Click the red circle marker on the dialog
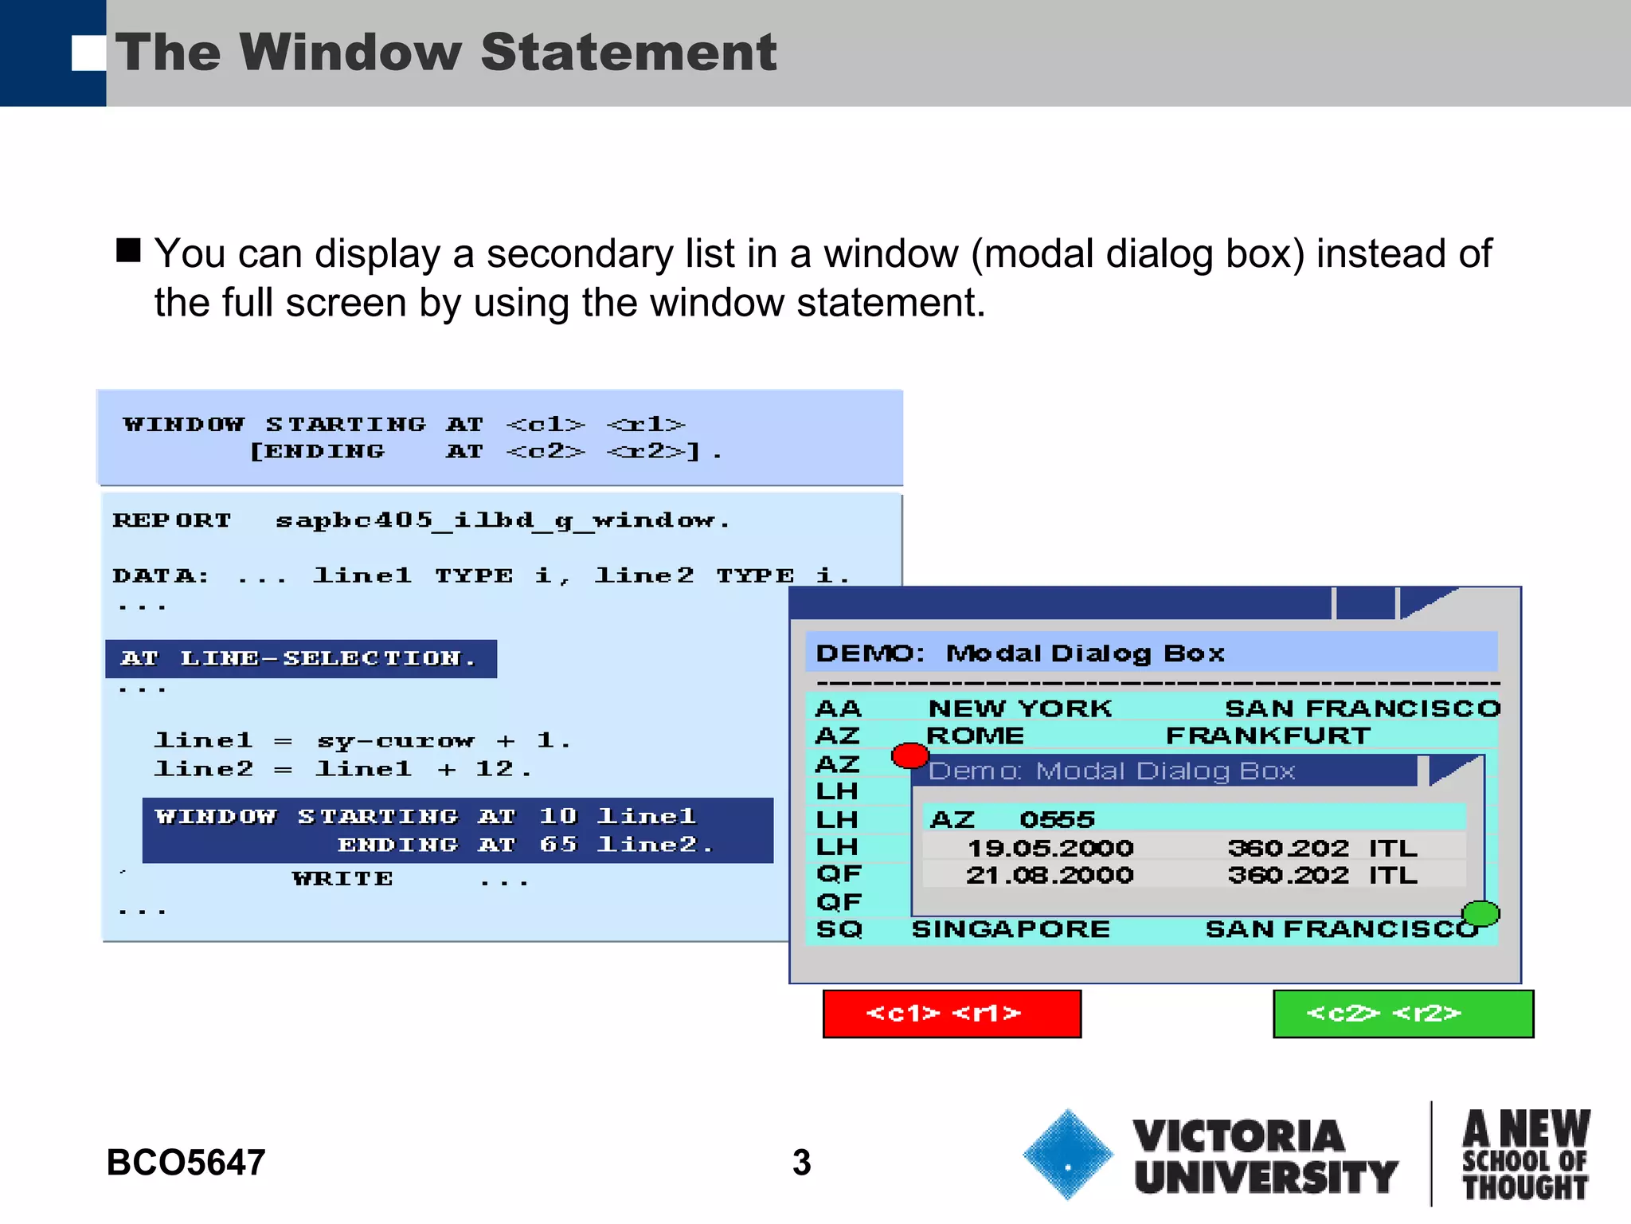(909, 755)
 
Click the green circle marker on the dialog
(1480, 913)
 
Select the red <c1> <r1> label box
(952, 1014)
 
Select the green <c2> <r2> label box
(1403, 1014)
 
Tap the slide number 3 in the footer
(801, 1163)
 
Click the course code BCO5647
(186, 1163)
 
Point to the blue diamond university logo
(1067, 1155)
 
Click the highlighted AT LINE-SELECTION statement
(300, 659)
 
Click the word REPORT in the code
(172, 521)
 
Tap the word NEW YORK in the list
(1020, 708)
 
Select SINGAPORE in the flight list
(1011, 929)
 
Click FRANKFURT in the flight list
(1268, 736)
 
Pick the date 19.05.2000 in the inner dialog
(1050, 848)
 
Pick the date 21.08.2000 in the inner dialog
(1050, 875)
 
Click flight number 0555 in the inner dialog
(1057, 819)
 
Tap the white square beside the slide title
(88, 53)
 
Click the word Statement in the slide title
(628, 53)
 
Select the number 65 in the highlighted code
(557, 844)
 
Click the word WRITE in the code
(342, 879)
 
